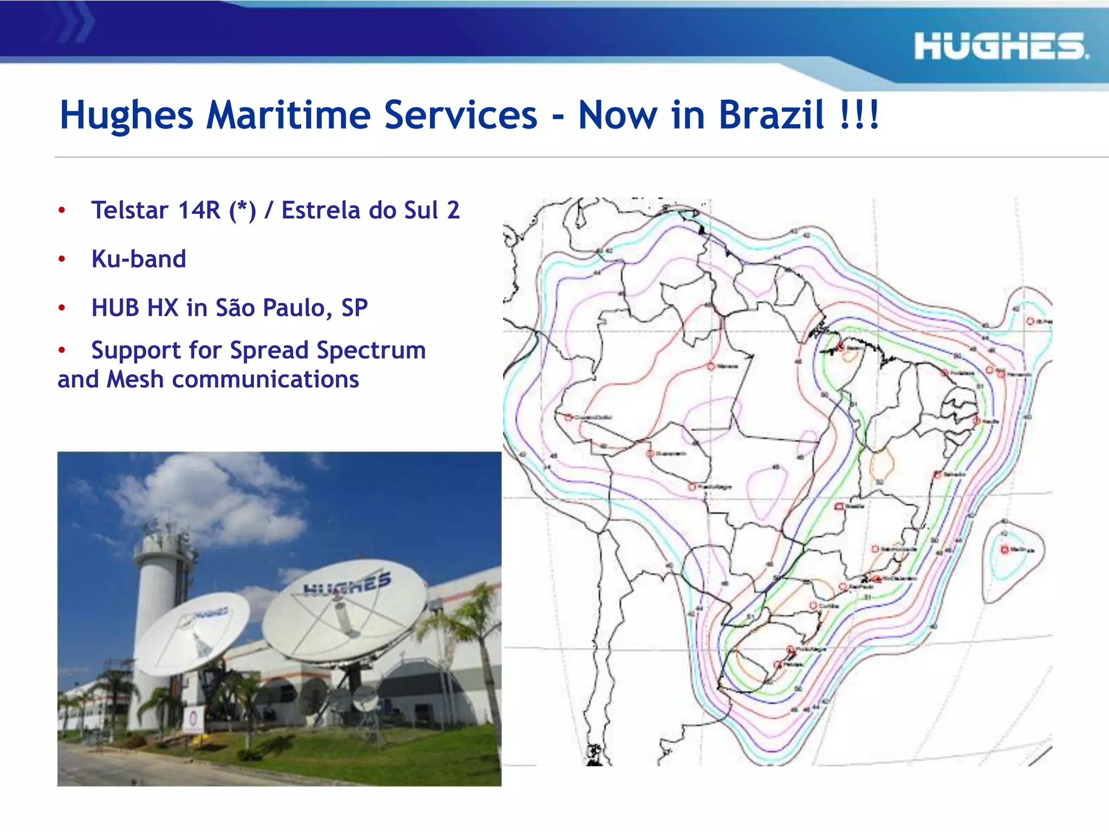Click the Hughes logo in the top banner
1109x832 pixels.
(x=1001, y=46)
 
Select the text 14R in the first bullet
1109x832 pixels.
(x=199, y=211)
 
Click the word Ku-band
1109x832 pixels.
(x=139, y=259)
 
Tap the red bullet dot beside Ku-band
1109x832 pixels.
(x=62, y=259)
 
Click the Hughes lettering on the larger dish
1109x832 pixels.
(x=347, y=584)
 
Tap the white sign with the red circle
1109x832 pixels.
(x=193, y=720)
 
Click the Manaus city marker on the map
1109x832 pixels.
(x=711, y=367)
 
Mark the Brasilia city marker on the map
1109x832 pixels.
(x=839, y=506)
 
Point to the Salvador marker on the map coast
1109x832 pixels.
(x=938, y=475)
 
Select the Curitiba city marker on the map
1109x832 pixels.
(x=813, y=605)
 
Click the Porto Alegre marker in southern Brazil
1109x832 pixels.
(x=790, y=649)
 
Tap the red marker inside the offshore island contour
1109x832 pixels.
(x=1004, y=550)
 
